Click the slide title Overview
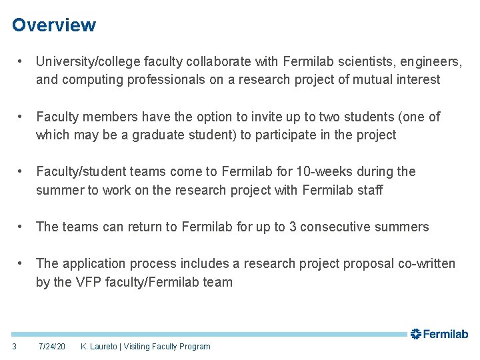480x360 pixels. (54, 25)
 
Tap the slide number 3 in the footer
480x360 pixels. (15, 346)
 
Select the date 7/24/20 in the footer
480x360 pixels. (52, 346)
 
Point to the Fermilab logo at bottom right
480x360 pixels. (439, 334)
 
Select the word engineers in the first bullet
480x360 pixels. (433, 61)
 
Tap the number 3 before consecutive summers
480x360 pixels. (293, 227)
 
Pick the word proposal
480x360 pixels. (366, 263)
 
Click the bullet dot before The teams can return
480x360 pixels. (22, 227)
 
